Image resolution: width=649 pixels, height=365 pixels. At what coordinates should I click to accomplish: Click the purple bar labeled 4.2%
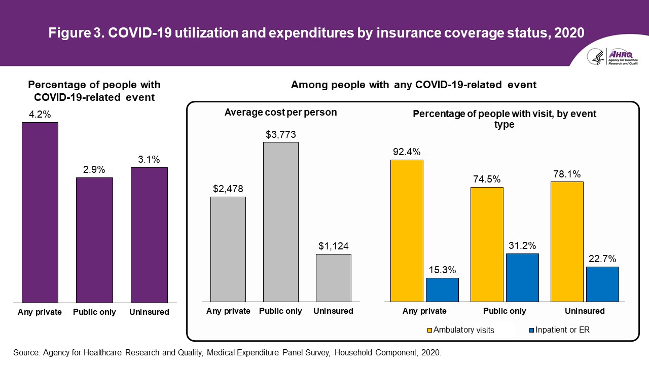[x=40, y=212]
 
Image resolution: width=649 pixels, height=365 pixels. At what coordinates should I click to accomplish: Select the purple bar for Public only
[x=94, y=240]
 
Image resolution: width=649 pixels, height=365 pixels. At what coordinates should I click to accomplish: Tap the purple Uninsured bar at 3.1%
[x=149, y=235]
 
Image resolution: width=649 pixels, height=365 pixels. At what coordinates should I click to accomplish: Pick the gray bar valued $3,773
[x=280, y=222]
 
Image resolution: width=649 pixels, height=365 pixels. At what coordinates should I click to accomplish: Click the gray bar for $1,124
[x=333, y=278]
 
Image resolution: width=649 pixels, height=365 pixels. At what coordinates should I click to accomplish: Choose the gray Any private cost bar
[x=228, y=249]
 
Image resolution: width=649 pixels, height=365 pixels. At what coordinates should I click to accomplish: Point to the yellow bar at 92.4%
[x=407, y=231]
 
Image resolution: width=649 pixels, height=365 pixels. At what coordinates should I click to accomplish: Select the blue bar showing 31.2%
[x=522, y=277]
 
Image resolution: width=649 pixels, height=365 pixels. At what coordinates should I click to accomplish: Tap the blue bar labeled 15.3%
[x=442, y=289]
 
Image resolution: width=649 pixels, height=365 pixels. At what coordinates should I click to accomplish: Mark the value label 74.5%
[x=486, y=179]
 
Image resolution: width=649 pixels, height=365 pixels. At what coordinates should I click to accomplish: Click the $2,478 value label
[x=228, y=189]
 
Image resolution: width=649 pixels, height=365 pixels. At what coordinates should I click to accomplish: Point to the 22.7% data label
[x=602, y=259]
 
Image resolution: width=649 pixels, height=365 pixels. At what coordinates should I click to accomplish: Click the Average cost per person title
[x=280, y=113]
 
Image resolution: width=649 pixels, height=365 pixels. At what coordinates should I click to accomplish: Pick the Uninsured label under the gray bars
[x=333, y=311]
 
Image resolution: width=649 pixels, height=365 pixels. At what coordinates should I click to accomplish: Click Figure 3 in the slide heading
[x=78, y=33]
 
